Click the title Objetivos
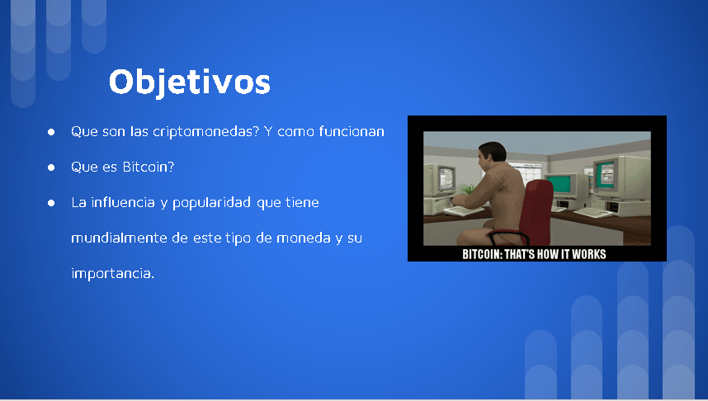190,83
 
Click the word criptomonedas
206,131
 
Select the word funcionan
352,131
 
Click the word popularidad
211,203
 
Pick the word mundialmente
119,238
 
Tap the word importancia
113,273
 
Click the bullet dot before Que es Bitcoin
51,167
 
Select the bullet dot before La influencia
51,203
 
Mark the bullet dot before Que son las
51,132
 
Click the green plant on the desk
468,189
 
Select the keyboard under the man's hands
463,210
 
